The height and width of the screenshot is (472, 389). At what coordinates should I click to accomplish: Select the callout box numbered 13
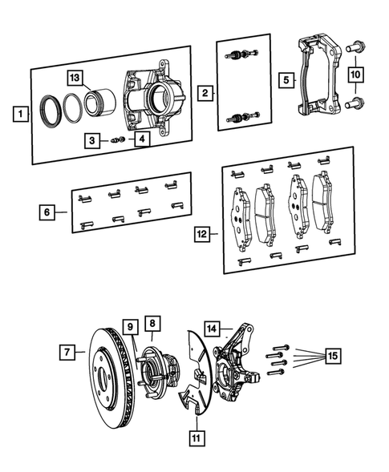coord(75,78)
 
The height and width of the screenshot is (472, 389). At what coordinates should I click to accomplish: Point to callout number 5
coord(285,80)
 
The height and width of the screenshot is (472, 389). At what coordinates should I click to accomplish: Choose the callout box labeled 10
coord(355,75)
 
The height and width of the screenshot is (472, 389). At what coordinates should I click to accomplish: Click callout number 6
coord(48,212)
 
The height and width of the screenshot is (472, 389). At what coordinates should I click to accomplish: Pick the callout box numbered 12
coord(203,234)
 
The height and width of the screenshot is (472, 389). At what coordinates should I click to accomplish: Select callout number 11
coord(196,437)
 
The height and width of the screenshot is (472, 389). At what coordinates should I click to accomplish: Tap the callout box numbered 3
coord(94,140)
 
